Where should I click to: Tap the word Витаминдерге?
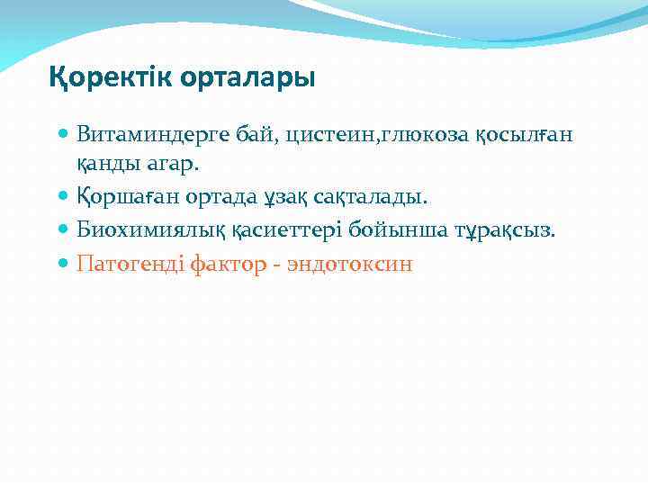pyautogui.click(x=148, y=135)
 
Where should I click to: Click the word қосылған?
pyautogui.click(x=523, y=135)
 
